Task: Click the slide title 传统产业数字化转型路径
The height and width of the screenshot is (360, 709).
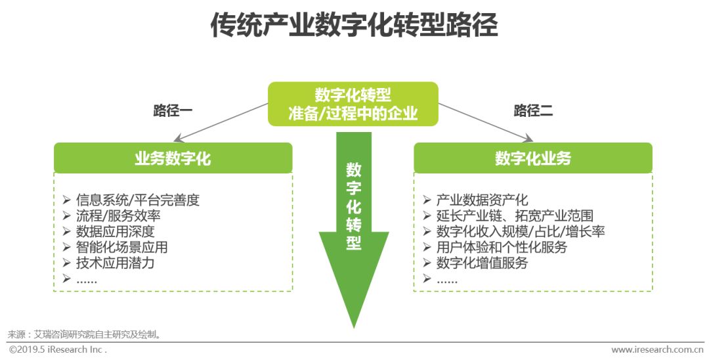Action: pos(354,26)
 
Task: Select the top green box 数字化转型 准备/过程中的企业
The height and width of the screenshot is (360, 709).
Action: pos(353,104)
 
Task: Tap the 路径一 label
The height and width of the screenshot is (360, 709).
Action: pos(173,110)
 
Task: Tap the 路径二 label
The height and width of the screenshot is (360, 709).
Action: pos(533,110)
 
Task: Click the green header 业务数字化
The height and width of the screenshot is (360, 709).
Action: pos(173,158)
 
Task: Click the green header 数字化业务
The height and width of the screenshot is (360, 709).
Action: pos(533,158)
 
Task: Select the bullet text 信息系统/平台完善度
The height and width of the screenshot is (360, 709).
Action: pos(137,200)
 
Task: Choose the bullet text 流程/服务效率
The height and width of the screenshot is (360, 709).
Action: pos(118,215)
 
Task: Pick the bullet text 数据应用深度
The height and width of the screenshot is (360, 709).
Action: pos(115,231)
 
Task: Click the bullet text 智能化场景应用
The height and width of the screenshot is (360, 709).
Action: pos(121,247)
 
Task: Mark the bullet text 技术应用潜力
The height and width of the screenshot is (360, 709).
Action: pos(115,263)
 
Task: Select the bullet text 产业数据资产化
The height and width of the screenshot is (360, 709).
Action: pos(482,200)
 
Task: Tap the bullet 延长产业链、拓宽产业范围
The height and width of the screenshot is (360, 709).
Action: pos(515,215)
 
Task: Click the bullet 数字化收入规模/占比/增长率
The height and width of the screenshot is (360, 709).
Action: pos(521,231)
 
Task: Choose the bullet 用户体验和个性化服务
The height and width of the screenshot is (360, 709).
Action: pos(502,247)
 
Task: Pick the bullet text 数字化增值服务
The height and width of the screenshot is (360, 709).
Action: pos(482,263)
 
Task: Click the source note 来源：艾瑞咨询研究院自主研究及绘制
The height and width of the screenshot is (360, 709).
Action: pos(85,334)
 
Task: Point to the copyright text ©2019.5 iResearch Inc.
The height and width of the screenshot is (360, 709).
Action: pos(57,349)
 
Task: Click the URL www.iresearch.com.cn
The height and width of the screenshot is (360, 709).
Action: pos(657,349)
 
